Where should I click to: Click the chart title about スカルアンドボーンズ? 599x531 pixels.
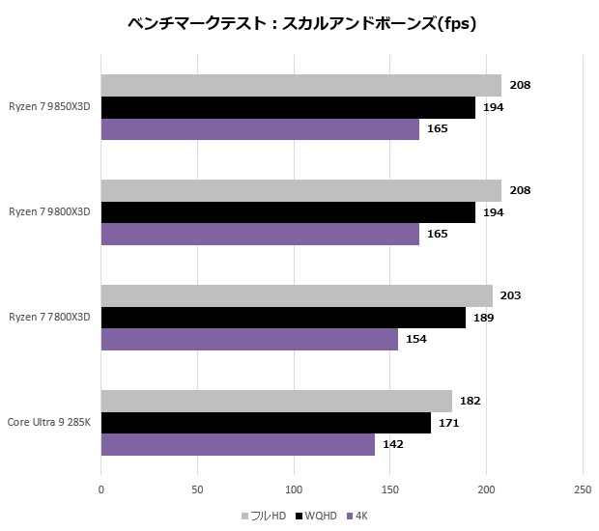pos(300,24)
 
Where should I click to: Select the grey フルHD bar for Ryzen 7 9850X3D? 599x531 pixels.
pos(300,86)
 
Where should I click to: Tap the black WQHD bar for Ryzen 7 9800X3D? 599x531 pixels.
pos(288,212)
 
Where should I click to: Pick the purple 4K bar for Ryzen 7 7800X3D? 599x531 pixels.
pos(249,339)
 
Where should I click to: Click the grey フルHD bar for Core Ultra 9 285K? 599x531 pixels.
pos(276,401)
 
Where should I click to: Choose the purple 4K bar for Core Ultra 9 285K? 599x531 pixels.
pos(238,444)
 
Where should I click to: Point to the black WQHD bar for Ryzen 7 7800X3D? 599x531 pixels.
pos(283,318)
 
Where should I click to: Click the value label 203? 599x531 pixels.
pos(512,295)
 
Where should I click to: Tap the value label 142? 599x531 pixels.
pos(394,444)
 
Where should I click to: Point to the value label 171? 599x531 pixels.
pos(449,423)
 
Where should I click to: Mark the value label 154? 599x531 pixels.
pos(416,339)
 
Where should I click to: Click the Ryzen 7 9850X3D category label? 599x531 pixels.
pos(49,107)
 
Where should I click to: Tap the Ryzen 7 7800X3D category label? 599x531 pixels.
pos(49,318)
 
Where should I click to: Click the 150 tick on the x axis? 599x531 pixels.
pos(389,489)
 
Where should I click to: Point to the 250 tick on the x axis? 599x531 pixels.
pos(583,489)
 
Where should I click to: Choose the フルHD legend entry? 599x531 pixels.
pos(263,516)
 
